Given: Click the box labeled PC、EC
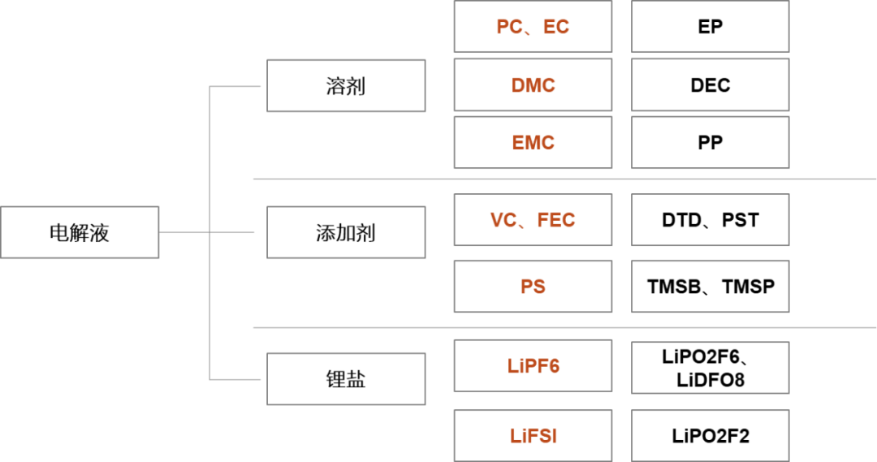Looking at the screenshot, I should [x=533, y=27].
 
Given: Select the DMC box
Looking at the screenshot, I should [x=533, y=84].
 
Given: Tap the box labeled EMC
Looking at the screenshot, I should [x=533, y=143].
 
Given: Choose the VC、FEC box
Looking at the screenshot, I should [x=533, y=220].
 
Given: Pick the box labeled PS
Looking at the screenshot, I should [x=533, y=287].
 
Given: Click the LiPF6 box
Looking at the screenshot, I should [x=533, y=366].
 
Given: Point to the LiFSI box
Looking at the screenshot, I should [x=533, y=436].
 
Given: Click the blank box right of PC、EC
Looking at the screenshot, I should [x=711, y=27].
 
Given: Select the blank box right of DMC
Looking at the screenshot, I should [x=711, y=84].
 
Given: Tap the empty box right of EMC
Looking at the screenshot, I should [x=711, y=143].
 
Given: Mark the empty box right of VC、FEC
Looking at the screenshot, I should [x=711, y=220].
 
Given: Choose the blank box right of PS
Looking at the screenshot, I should [x=711, y=287].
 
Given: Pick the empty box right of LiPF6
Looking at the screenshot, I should [x=711, y=368].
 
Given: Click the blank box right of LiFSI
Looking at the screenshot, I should [x=711, y=436].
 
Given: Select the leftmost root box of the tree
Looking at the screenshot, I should [x=80, y=232].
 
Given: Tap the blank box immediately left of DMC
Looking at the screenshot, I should [x=346, y=85].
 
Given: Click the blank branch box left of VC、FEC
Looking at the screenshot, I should [x=346, y=232].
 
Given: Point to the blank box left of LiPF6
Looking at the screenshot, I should [x=346, y=378].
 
